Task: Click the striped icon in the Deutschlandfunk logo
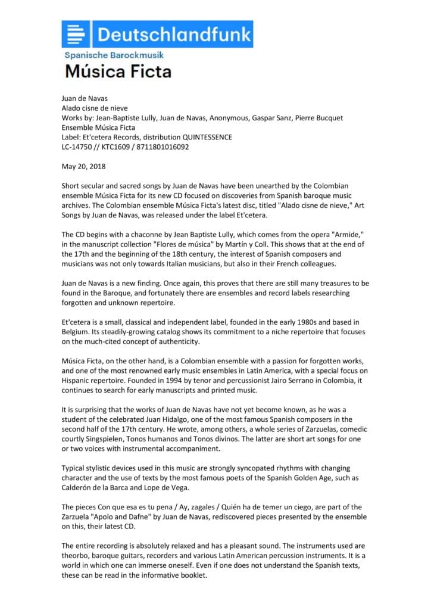pos(77,35)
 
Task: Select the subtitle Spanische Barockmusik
pos(114,55)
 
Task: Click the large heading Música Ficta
pos(118,72)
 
